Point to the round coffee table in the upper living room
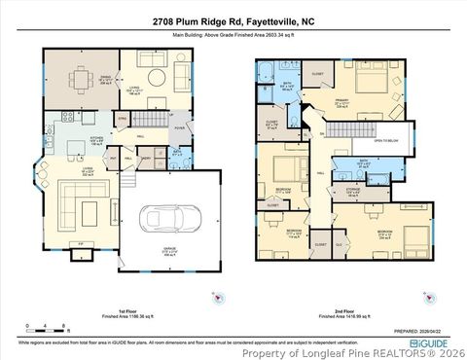pos(152,78)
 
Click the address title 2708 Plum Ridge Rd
pos(233,20)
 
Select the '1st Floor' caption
pos(115,309)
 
